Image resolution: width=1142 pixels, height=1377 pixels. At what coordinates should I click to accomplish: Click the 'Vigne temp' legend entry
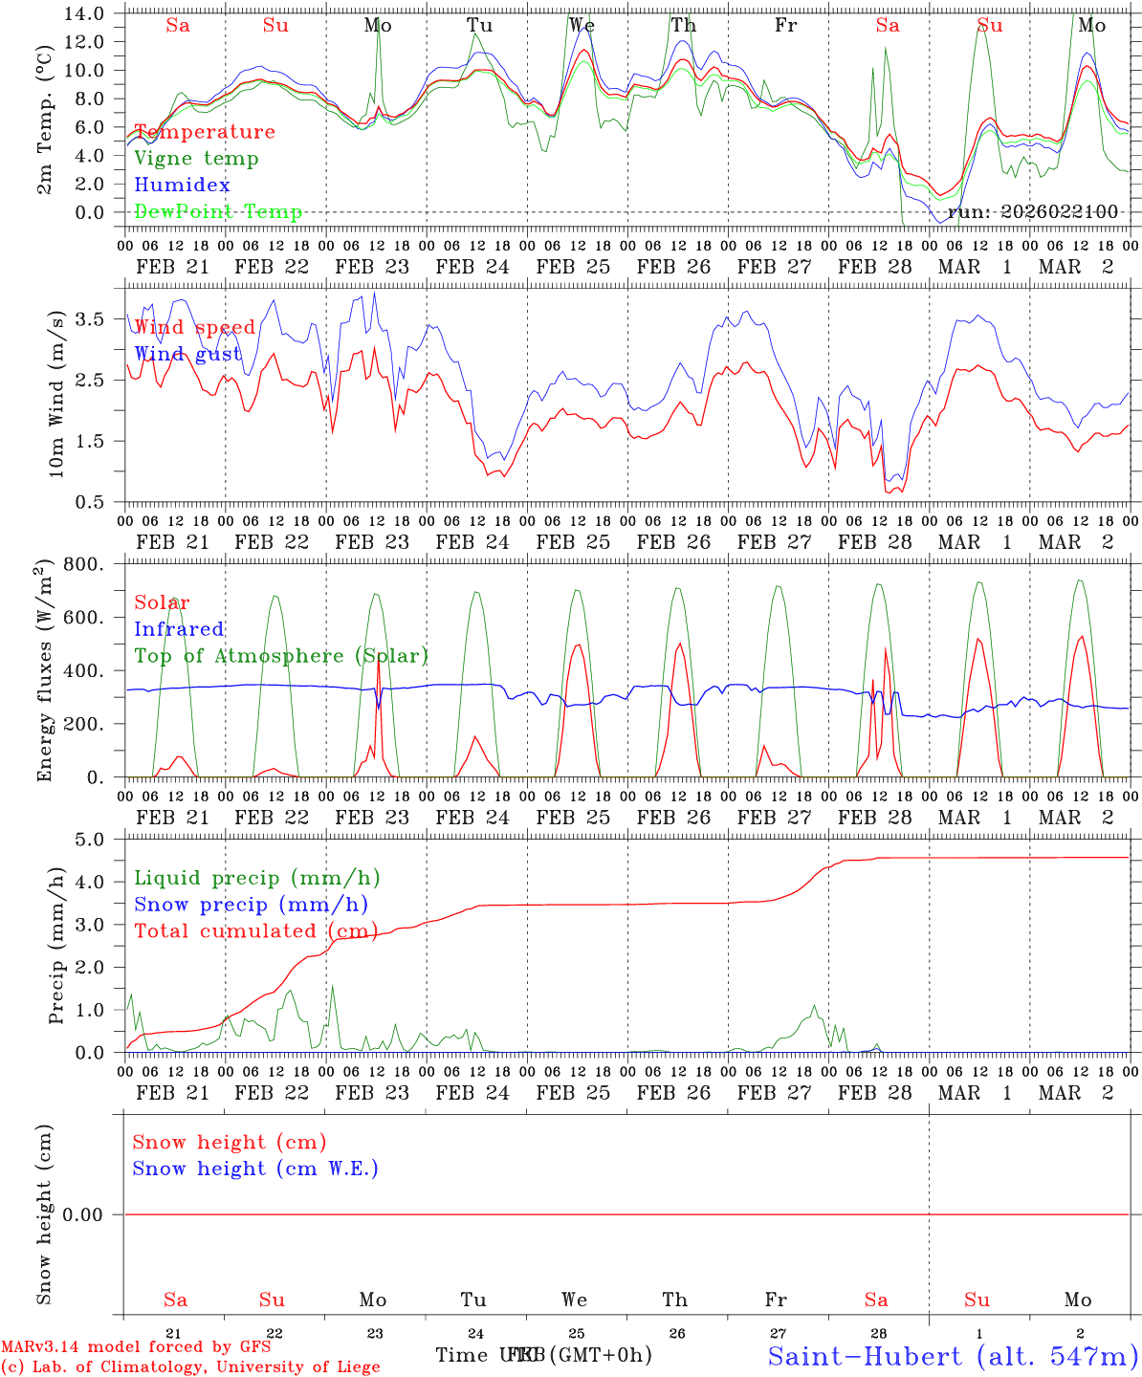[196, 159]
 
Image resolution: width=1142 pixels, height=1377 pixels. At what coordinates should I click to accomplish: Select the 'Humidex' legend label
[183, 186]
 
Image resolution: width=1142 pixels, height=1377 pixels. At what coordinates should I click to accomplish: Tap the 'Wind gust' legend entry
[187, 354]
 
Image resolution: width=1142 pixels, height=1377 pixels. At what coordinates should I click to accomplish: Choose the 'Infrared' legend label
[179, 629]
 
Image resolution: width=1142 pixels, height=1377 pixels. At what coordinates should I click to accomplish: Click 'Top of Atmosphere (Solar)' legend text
[281, 656]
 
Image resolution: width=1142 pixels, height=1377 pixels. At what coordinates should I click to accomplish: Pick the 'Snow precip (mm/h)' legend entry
[251, 905]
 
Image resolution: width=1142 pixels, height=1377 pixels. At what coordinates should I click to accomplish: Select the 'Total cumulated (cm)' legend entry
[255, 931]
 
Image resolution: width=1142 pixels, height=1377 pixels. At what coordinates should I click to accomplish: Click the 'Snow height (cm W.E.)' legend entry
[255, 1169]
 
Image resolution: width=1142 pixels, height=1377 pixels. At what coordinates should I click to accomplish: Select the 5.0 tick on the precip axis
[97, 840]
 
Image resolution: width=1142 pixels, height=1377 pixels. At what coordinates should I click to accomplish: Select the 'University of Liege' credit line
[191, 1367]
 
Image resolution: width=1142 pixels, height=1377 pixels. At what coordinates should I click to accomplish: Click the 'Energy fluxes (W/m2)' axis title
[44, 673]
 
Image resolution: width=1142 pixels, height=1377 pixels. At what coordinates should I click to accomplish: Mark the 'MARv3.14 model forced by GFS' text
[136, 1346]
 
